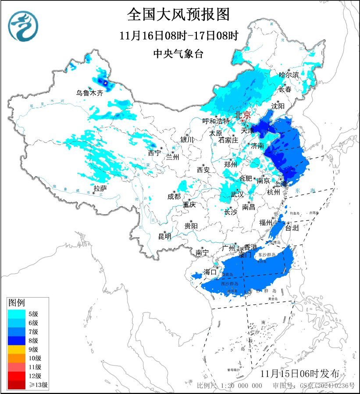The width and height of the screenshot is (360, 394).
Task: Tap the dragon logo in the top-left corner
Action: pos(23,26)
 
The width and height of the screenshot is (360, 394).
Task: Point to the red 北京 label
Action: pos(242,114)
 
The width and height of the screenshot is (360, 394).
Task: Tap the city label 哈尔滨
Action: pos(289,75)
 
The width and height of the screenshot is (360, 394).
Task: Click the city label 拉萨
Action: pos(100,188)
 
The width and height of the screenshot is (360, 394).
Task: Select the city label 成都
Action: pos(174,197)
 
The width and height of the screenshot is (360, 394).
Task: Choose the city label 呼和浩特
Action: pos(216,121)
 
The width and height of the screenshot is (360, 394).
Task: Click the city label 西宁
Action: pos(154,153)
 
